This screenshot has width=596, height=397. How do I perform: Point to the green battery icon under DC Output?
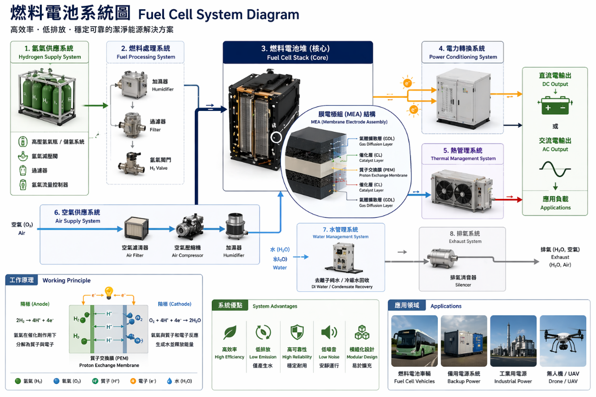(555, 106)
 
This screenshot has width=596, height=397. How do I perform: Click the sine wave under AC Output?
(555, 169)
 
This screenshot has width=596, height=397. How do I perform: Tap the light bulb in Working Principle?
(109, 293)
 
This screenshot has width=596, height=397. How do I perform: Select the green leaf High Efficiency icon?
(230, 332)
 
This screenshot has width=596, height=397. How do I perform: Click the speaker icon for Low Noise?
(329, 332)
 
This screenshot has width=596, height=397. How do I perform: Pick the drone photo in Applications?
(562, 341)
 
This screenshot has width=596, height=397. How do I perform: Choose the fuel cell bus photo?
(414, 341)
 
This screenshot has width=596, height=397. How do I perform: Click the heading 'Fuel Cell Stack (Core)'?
(298, 57)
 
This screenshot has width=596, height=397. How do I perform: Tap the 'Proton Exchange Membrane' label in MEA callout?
(383, 175)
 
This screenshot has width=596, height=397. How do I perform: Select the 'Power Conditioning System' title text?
(463, 57)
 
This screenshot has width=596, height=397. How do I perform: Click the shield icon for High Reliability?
(297, 332)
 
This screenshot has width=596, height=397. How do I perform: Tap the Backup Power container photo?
(464, 341)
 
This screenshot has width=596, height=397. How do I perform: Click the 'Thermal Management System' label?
(463, 159)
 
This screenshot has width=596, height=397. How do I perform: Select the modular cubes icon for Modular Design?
(362, 332)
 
